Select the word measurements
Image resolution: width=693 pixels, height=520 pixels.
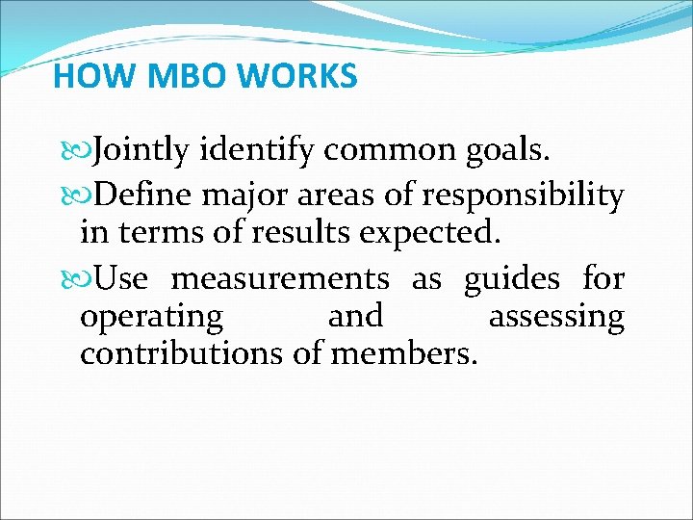280,280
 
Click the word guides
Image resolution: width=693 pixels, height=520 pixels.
511,280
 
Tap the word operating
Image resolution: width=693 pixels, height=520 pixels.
151,317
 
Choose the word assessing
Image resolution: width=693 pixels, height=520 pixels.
556,317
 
